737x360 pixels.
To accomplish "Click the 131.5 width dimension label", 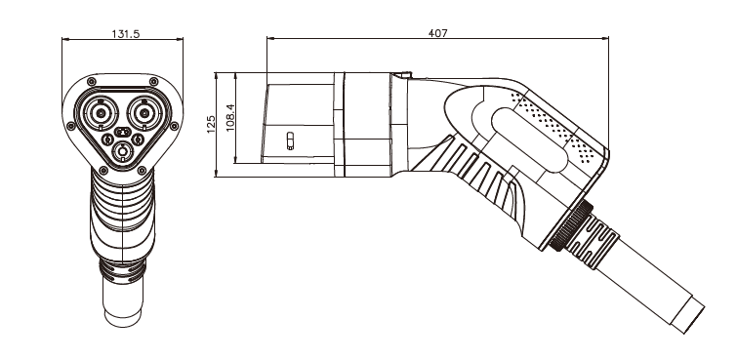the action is (x=126, y=34).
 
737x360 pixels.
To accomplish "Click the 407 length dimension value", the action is (x=437, y=33).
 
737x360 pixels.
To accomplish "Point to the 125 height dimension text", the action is (x=211, y=124).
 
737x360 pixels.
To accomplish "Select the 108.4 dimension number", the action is (x=230, y=118).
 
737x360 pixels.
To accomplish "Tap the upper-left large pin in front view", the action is (x=101, y=113).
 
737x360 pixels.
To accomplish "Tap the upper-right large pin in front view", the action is (x=145, y=113).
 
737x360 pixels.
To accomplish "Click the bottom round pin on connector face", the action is (x=123, y=151).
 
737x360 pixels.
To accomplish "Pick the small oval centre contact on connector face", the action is (x=123, y=132).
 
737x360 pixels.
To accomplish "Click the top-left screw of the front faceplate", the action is (x=91, y=82).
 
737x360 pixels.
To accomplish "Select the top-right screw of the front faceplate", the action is (x=153, y=82).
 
